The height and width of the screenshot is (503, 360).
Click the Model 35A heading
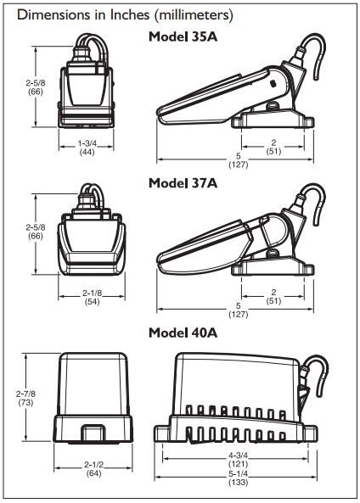coord(183,36)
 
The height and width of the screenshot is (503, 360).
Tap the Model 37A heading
coord(183,183)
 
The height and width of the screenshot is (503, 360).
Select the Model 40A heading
coord(183,333)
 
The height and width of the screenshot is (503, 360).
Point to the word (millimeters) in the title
coord(194,15)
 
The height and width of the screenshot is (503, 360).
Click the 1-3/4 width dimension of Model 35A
coord(87,143)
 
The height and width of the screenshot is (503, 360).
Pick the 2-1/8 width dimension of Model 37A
coord(93,293)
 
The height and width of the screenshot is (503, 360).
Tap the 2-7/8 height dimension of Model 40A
coord(25,394)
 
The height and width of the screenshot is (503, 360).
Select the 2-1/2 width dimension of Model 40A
coord(93,464)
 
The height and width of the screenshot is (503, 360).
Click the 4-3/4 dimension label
coord(238,455)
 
